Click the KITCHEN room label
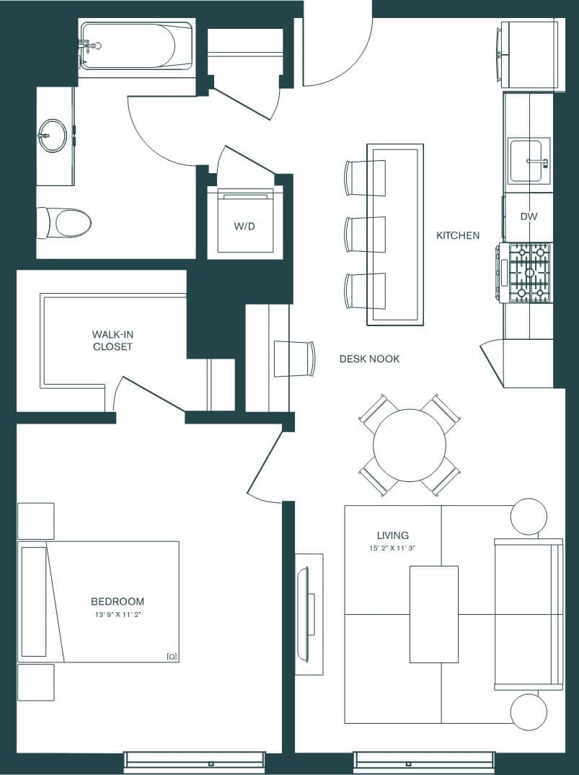[457, 235]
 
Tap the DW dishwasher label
[529, 216]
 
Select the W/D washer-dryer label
[244, 227]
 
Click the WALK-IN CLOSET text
[112, 340]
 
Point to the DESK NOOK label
[369, 359]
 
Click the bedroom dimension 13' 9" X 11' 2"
[117, 615]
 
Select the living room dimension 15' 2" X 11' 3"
[392, 548]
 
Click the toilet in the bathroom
[66, 223]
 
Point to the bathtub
[136, 45]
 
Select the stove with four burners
[529, 273]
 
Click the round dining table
[409, 445]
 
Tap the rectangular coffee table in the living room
[433, 614]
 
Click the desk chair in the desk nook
[296, 358]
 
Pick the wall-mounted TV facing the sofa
[304, 603]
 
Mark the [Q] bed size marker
[172, 656]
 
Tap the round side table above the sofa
[528, 517]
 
